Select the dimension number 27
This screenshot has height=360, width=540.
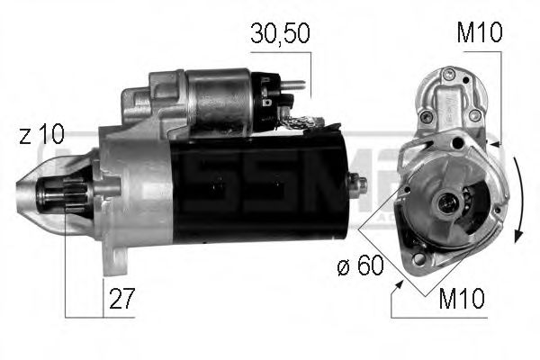[x=120, y=298]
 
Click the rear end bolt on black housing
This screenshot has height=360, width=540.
[x=360, y=184]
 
